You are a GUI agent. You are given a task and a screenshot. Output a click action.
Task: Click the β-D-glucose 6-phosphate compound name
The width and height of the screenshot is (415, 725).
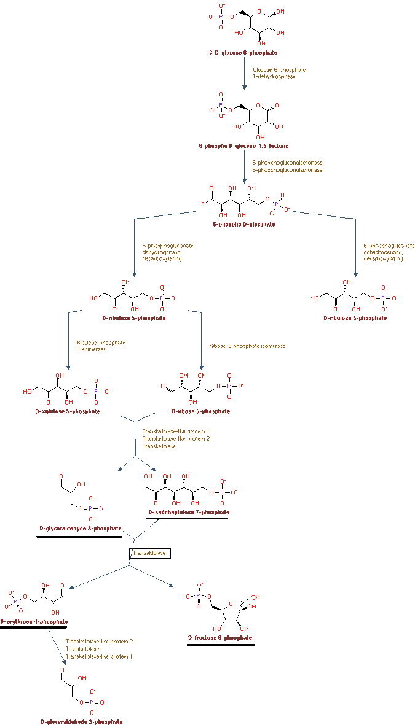pos(243,53)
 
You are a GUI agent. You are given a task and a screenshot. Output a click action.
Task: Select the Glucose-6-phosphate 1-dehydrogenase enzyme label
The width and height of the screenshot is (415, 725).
pos(279,73)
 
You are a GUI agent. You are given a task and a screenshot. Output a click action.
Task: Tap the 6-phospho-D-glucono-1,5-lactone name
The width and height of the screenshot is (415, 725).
pos(243,146)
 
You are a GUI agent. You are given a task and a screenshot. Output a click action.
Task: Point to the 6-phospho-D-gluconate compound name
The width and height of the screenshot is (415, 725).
pos(243,224)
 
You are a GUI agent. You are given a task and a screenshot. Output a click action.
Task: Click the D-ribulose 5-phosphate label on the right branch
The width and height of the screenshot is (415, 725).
pos(355,318)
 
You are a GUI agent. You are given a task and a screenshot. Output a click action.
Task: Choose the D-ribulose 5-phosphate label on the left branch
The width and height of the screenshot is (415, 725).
pos(134,318)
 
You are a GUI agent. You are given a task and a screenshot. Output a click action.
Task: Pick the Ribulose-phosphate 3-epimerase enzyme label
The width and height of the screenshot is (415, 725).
pos(101,346)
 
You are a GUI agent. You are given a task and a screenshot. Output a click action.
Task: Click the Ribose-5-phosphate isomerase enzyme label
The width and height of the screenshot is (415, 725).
pos(247,346)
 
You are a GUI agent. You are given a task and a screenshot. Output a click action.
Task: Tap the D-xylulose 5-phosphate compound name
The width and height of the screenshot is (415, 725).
pos(68,411)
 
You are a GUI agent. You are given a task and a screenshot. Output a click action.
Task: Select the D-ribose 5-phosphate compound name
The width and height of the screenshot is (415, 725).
pos(200,411)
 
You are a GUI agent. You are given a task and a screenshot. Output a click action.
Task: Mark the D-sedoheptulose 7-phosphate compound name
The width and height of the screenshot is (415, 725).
pos(189,512)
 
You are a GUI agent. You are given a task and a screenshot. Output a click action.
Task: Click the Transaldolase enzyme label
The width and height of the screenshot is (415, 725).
pos(149,552)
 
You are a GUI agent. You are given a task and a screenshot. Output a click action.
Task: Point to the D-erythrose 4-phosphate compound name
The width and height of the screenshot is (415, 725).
pos(34,621)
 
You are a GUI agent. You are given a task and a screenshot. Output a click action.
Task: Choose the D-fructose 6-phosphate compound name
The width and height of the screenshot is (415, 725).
pos(220,638)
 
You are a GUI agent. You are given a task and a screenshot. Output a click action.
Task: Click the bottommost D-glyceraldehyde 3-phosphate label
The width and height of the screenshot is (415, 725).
pos(81,722)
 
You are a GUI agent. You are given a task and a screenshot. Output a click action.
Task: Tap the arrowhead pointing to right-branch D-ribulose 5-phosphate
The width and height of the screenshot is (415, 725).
pos(355,274)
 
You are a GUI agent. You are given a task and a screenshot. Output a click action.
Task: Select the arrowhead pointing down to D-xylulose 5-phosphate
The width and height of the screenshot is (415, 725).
pos(68,367)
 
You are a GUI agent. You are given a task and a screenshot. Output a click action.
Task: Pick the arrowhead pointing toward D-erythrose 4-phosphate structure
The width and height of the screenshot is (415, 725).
pos(72,587)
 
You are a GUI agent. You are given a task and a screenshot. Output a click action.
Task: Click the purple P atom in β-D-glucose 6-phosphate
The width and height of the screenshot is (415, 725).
pos(221,17)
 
